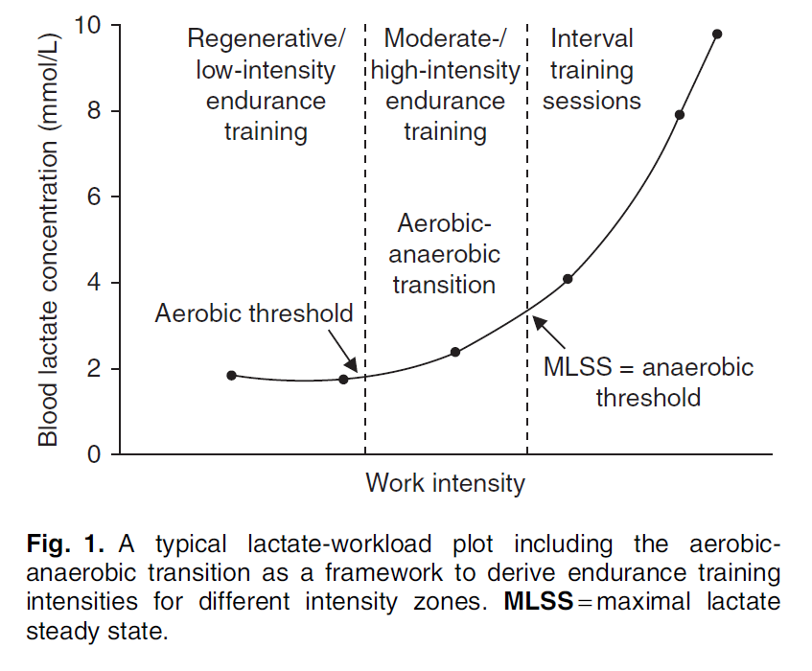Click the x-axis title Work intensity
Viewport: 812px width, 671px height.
tap(445, 482)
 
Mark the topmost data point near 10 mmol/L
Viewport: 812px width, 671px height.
tap(717, 34)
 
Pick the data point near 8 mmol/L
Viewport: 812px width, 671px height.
tap(680, 115)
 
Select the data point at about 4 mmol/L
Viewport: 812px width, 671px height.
tap(568, 279)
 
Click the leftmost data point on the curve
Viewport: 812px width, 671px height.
tap(231, 375)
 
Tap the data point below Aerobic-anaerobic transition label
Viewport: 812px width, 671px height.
tap(455, 352)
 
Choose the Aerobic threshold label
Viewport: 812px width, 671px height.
tap(254, 314)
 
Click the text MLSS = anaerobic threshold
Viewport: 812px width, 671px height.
tap(648, 382)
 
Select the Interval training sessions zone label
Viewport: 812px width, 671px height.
tap(592, 70)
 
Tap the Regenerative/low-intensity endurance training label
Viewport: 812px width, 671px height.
tap(266, 85)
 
